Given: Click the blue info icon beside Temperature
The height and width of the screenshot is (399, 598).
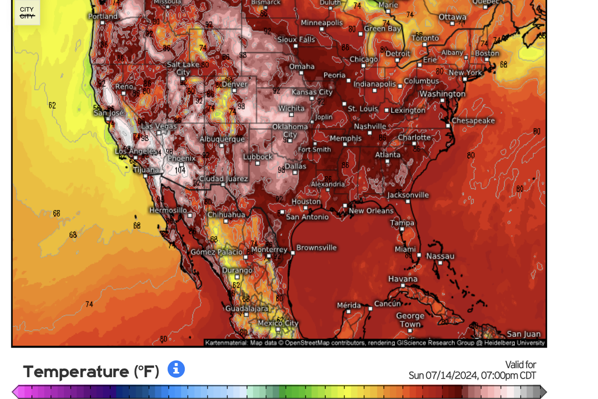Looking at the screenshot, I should click(x=176, y=370).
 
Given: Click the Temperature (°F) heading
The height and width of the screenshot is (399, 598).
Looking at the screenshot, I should click(x=91, y=372).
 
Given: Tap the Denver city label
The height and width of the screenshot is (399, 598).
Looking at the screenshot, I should click(x=234, y=84).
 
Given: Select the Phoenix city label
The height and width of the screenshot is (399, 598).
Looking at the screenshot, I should click(x=181, y=158).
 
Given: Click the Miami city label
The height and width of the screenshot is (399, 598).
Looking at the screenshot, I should click(x=405, y=249).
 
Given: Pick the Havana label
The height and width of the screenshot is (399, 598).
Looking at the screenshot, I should click(x=403, y=279).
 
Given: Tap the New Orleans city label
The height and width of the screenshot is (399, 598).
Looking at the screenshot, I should click(x=371, y=211).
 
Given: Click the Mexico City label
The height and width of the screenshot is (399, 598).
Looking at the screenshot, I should click(x=278, y=323).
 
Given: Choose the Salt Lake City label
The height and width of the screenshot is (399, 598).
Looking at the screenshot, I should click(x=183, y=68).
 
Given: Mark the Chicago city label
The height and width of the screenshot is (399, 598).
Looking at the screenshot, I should click(x=363, y=60).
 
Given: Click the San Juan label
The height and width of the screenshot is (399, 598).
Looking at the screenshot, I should click(x=523, y=334).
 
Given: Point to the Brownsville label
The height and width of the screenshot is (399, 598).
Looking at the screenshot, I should click(x=316, y=247).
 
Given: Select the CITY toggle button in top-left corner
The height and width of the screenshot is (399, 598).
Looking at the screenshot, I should click(x=27, y=13).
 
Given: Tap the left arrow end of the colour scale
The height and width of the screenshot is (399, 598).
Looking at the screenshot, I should click(x=15, y=392).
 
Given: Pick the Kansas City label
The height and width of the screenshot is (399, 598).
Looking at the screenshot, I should click(x=312, y=92).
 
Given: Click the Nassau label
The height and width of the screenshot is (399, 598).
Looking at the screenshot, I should click(x=440, y=256).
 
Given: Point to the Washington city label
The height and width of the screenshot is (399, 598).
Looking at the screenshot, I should click(x=442, y=94).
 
